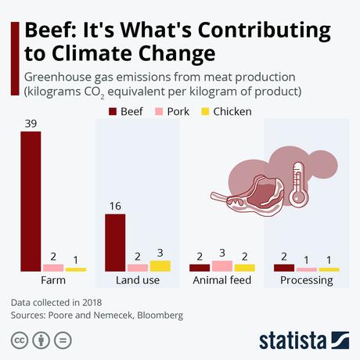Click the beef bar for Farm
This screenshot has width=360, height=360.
coord(31,201)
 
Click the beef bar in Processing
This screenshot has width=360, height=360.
coord(284,268)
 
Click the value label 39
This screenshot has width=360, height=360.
coord(31,123)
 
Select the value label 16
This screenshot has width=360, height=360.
coord(115,206)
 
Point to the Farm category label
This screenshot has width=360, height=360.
coord(53,280)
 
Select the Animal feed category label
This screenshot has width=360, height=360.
coord(221,280)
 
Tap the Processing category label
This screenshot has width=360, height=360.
coord(306,280)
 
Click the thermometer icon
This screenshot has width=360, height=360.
coord(298,184)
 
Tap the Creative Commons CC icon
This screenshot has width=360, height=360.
coord(18,340)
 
